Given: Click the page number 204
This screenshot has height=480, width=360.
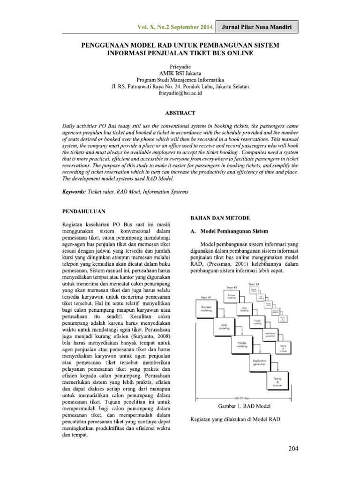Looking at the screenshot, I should click(x=293, y=449).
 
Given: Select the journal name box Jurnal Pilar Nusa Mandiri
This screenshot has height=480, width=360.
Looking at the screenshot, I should click(x=260, y=28).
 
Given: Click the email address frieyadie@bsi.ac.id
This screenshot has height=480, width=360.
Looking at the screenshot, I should click(x=180, y=94).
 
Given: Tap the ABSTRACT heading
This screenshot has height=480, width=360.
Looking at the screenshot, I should click(x=180, y=113).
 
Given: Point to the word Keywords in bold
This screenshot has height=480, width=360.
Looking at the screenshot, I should click(x=75, y=192).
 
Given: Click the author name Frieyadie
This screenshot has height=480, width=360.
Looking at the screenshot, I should click(x=180, y=67).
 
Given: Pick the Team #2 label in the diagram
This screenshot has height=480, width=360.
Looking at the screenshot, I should click(x=232, y=287).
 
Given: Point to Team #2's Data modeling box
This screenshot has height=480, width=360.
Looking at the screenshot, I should click(x=244, y=309).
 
